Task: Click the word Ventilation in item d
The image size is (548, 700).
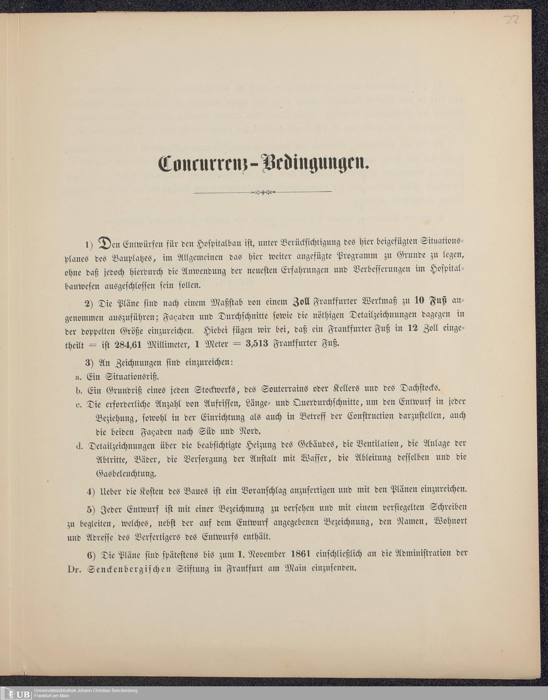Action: [x=378, y=444]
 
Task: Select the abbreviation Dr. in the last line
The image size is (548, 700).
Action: [x=75, y=569]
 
